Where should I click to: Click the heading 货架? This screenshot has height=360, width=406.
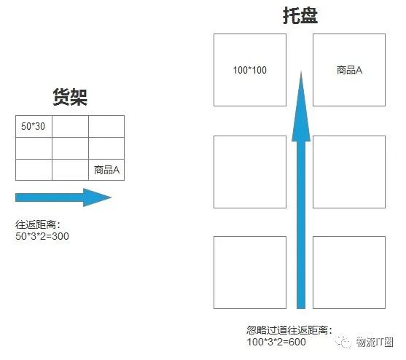tap(70, 97)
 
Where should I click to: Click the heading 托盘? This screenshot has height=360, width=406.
tap(300, 16)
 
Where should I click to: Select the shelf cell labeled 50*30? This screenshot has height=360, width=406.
tap(34, 126)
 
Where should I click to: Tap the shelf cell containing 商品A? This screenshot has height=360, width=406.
tap(106, 170)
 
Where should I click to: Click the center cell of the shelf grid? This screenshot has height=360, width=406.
tap(70, 148)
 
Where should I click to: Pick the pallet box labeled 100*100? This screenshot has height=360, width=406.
tap(250, 70)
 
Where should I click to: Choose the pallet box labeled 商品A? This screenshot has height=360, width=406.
tap(349, 70)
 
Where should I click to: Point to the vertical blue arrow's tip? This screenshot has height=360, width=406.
tap(301, 71)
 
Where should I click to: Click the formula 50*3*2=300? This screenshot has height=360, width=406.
tap(42, 236)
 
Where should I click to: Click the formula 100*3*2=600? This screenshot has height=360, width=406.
tap(276, 342)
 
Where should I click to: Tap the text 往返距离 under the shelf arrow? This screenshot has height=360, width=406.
tap(36, 224)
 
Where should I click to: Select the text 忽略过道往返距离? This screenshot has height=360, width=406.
tap(287, 330)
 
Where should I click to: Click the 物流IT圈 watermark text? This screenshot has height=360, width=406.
tap(375, 342)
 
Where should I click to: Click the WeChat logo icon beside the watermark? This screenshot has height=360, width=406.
tap(343, 342)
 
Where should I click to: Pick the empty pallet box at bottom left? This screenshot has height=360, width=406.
tap(250, 273)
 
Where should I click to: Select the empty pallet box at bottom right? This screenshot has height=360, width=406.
tap(349, 273)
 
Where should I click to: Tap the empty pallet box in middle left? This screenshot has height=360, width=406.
tap(250, 172)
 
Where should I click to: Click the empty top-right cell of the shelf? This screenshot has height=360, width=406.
tap(106, 126)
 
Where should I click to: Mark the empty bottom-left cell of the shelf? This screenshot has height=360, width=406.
tap(34, 170)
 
